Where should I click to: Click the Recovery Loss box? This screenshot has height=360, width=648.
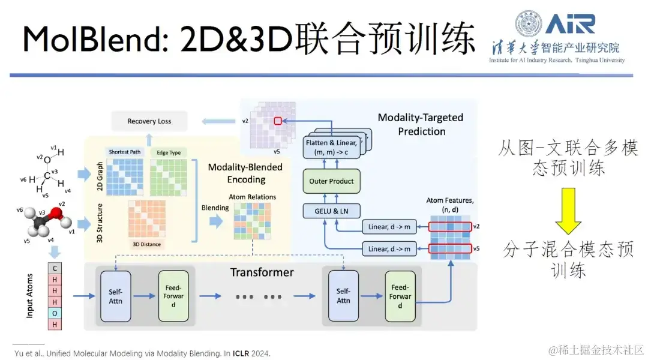click(149, 121)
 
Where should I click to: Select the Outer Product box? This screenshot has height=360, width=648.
click(331, 181)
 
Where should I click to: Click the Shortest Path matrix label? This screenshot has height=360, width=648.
click(125, 152)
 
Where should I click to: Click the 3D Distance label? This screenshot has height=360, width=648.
click(147, 244)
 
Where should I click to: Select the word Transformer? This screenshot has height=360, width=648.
click(262, 272)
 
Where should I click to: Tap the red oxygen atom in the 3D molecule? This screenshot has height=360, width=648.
click(55, 214)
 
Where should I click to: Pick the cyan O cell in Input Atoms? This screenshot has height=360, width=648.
click(55, 313)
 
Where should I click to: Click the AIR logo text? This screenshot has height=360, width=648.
click(571, 23)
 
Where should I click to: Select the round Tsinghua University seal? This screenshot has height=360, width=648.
click(529, 23)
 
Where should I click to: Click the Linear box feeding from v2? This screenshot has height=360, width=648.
click(389, 227)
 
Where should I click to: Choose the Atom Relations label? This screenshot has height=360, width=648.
click(253, 197)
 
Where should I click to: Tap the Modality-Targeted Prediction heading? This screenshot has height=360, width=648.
click(421, 124)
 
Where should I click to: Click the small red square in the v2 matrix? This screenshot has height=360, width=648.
click(277, 121)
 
